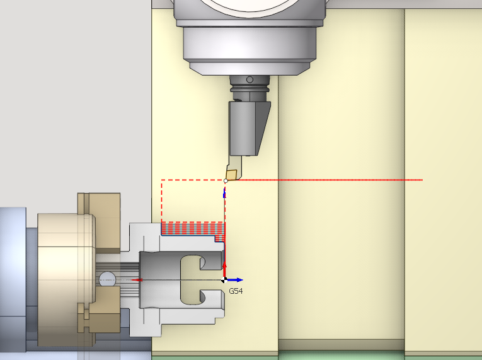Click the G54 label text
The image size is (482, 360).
[x=236, y=291]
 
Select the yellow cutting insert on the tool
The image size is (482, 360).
[x=231, y=175]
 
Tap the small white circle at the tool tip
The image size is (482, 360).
[x=226, y=181]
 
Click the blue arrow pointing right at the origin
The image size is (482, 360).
[x=235, y=280]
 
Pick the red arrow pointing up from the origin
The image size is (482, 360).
[x=224, y=270]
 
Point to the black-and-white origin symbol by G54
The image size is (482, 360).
[x=224, y=280]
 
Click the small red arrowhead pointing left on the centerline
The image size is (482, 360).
[x=137, y=280]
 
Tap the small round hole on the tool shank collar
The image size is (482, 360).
[x=250, y=79]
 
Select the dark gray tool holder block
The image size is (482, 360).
[x=250, y=129]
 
